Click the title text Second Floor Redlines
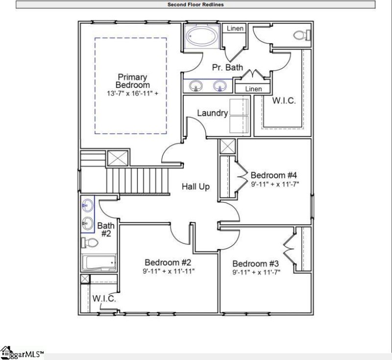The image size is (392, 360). pyautogui.click(x=196, y=5)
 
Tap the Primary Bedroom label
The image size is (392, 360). pyautogui.click(x=133, y=81)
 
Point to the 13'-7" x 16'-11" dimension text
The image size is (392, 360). pyautogui.click(x=133, y=93)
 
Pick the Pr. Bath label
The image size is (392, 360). pyautogui.click(x=227, y=67)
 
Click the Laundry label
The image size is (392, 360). pyautogui.click(x=212, y=113)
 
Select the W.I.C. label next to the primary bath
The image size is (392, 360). pyautogui.click(x=283, y=101)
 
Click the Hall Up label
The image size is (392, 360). pyautogui.click(x=196, y=186)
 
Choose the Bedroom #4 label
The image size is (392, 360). pyautogui.click(x=274, y=175)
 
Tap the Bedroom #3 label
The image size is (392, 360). pyautogui.click(x=255, y=263)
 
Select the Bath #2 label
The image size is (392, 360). pyautogui.click(x=106, y=230)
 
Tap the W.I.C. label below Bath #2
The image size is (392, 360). pyautogui.click(x=104, y=299)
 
